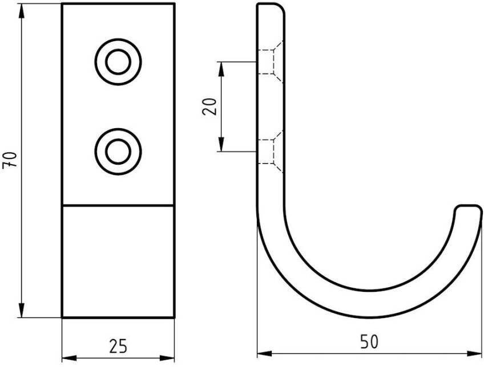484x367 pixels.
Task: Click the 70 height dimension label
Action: coord(9,160)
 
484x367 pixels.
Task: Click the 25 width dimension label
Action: coord(118,346)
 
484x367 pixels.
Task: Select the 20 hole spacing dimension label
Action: coord(209,107)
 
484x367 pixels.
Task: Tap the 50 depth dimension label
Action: coord(369,342)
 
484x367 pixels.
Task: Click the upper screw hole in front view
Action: coord(118,62)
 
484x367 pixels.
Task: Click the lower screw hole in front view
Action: coord(118,152)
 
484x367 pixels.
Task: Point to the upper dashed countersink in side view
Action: coord(271,62)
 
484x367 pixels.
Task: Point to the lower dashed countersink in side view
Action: coord(271,152)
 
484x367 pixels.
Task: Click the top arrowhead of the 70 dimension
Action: coord(21,10)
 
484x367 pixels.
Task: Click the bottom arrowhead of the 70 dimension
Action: coord(21,311)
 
